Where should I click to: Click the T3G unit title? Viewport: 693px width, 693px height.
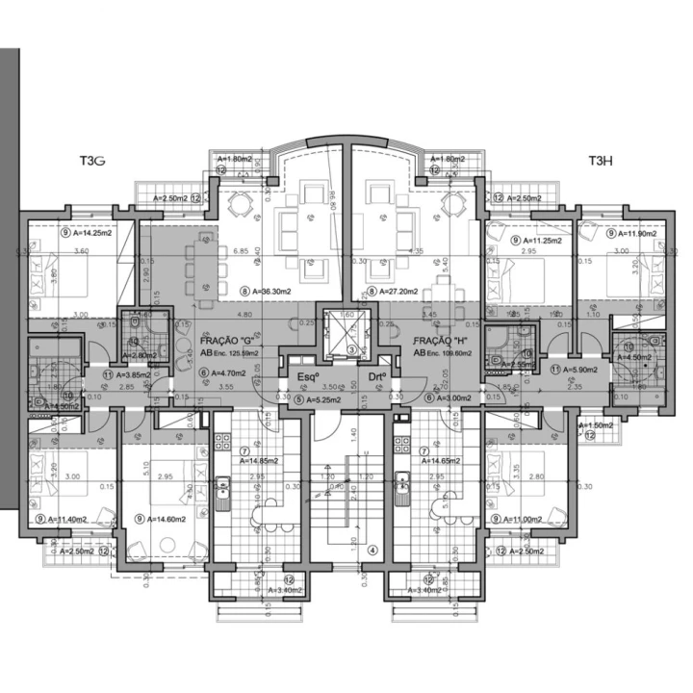[x=93, y=162]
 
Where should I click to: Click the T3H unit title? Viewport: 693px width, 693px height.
[x=602, y=162]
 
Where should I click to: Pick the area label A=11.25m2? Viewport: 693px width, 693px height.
[x=546, y=241]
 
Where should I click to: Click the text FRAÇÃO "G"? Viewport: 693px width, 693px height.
[x=227, y=341]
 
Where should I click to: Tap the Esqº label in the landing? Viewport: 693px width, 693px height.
[x=308, y=376]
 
